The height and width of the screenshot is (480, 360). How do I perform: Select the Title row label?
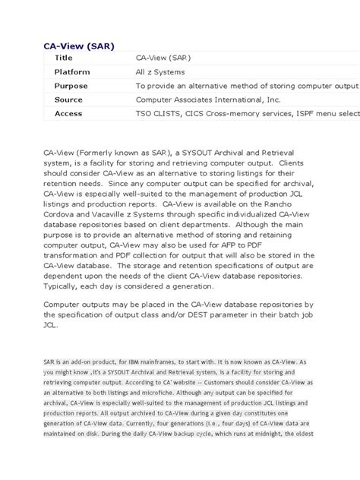(x=63, y=57)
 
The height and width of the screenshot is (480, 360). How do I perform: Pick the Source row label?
(x=68, y=99)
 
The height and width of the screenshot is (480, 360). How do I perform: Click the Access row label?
(x=68, y=113)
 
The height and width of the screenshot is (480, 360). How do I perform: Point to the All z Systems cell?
(x=162, y=71)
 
